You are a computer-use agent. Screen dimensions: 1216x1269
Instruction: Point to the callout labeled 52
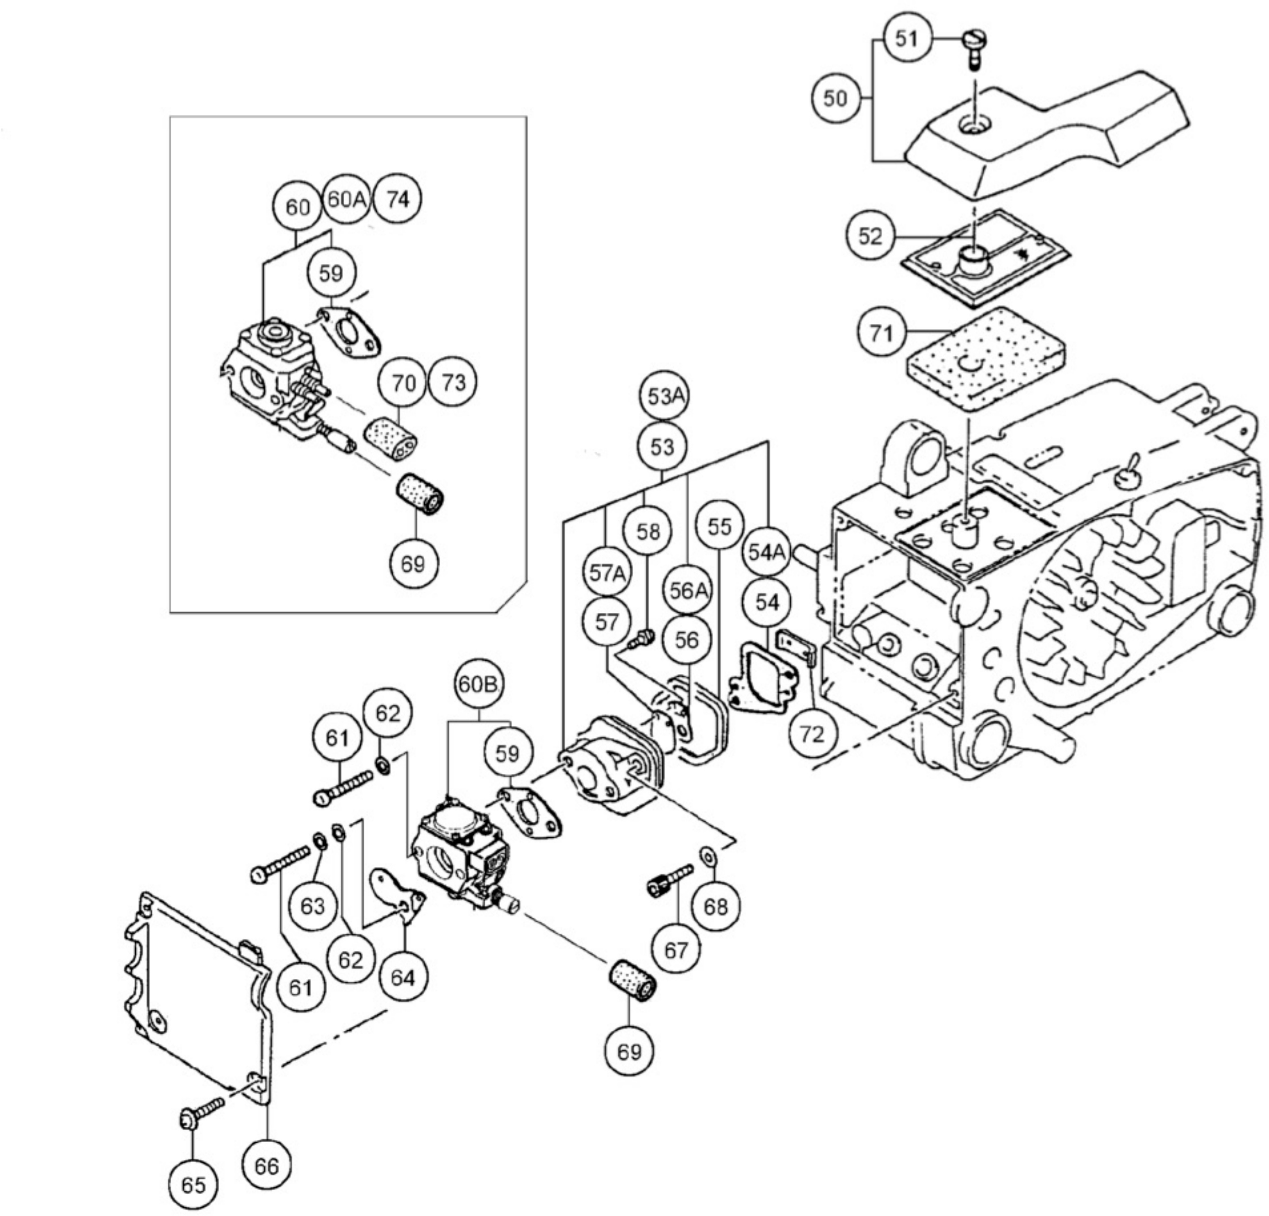click(x=870, y=236)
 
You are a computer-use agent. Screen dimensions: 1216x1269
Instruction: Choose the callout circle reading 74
click(x=398, y=200)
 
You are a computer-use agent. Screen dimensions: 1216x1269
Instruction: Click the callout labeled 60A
click(x=346, y=200)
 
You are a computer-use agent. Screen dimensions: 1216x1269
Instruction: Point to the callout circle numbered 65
click(x=193, y=1185)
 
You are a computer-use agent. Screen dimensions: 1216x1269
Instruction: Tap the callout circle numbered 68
click(x=715, y=907)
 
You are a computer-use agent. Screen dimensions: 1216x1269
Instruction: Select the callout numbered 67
click(x=676, y=950)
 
